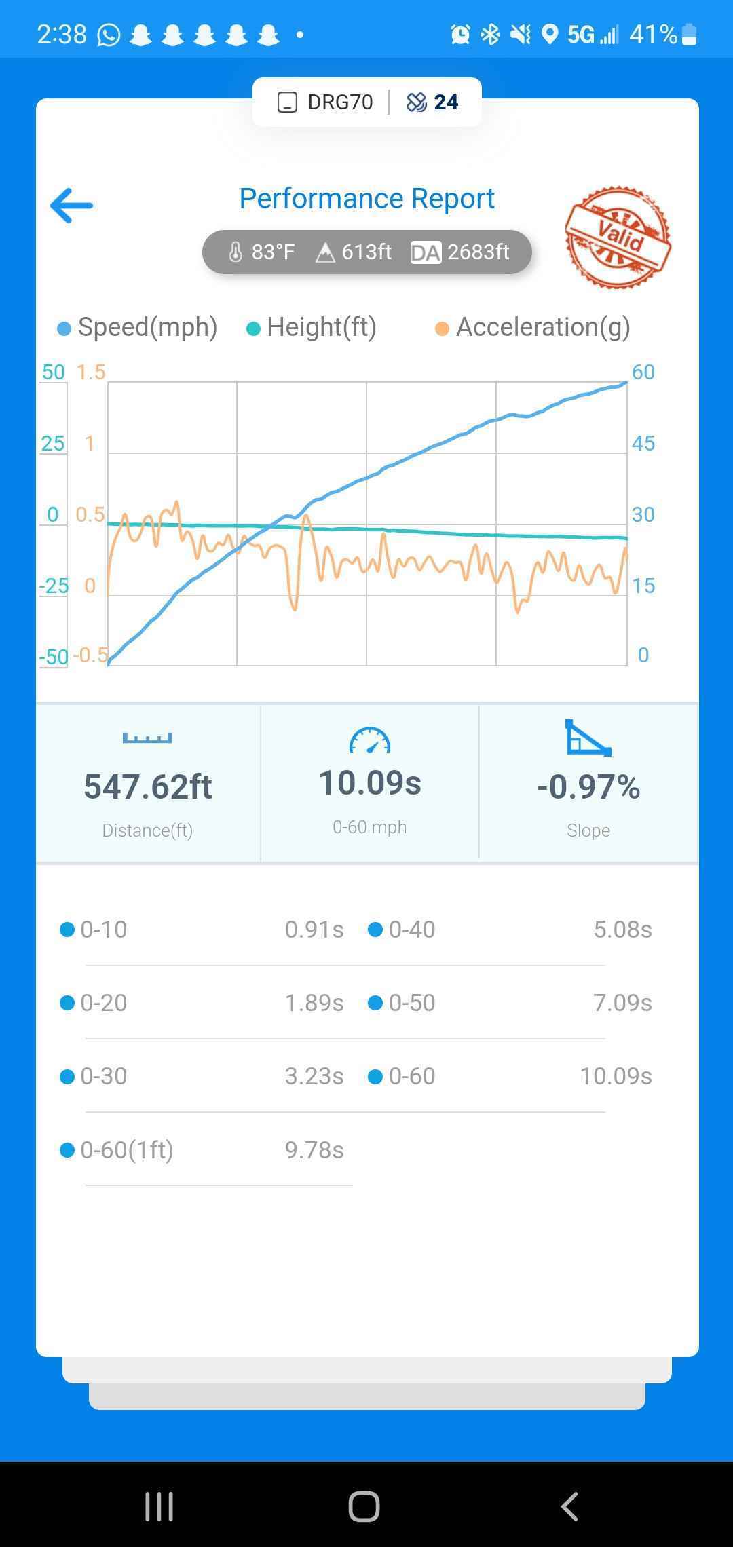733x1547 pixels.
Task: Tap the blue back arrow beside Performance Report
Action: (x=71, y=206)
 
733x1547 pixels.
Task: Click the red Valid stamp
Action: (x=618, y=237)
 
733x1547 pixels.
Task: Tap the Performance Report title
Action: (x=366, y=199)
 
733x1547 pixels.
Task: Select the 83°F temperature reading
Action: (x=262, y=252)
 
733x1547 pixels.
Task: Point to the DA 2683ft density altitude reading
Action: (x=460, y=252)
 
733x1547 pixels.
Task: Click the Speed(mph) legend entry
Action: (x=138, y=327)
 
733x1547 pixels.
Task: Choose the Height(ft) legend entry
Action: (x=312, y=327)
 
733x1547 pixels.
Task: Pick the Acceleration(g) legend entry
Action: (x=533, y=327)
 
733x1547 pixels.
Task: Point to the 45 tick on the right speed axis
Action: (x=643, y=444)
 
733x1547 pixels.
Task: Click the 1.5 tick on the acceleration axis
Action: (x=91, y=373)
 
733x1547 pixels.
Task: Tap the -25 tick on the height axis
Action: (x=54, y=586)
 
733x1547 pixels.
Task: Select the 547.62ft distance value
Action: (x=148, y=787)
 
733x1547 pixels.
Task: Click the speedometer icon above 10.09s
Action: (x=370, y=741)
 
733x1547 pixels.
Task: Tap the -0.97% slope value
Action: (x=588, y=787)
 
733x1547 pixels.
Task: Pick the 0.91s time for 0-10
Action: (x=314, y=930)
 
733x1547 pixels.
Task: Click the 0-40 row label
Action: (x=411, y=930)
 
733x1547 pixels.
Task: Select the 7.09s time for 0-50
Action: (x=622, y=1003)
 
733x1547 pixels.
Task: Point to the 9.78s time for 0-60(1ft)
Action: (x=314, y=1150)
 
